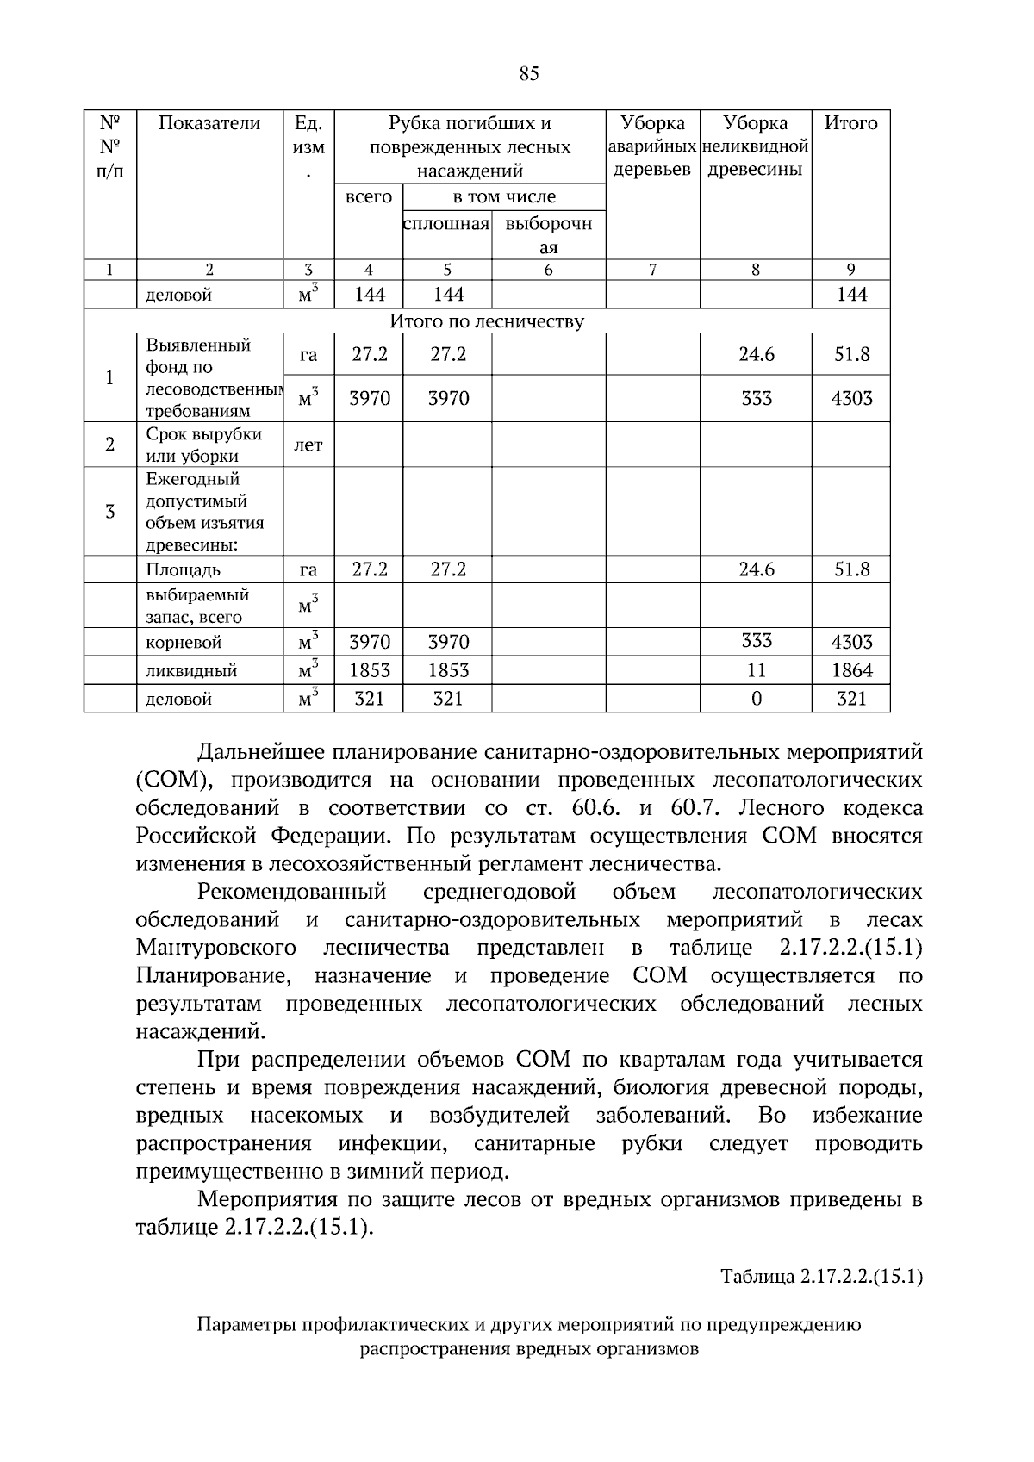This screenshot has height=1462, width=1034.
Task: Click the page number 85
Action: point(529,74)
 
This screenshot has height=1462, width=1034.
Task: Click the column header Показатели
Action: point(209,123)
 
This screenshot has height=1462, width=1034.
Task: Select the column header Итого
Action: point(850,123)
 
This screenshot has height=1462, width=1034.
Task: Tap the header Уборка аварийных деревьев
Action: point(652,146)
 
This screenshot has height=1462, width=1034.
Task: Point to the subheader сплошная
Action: point(446,224)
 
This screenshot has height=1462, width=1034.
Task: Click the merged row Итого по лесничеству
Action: point(487,322)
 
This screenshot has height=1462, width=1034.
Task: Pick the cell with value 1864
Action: point(850,670)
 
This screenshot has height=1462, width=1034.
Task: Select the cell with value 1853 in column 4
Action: point(369,670)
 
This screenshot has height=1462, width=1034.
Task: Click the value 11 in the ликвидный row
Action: point(756,670)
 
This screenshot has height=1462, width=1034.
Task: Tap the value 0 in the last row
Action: point(756,699)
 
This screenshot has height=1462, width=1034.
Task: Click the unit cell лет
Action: point(308,445)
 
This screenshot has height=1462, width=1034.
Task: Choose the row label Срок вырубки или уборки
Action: point(203,445)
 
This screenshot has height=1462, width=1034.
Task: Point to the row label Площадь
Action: point(183,570)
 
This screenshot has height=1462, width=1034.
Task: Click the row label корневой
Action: point(184,643)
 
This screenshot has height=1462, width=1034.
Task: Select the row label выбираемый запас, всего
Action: point(197,606)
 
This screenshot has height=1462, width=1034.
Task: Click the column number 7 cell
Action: point(652,270)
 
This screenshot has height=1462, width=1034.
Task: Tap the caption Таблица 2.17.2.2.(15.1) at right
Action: point(821,1277)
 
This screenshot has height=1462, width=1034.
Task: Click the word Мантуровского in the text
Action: point(216,949)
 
